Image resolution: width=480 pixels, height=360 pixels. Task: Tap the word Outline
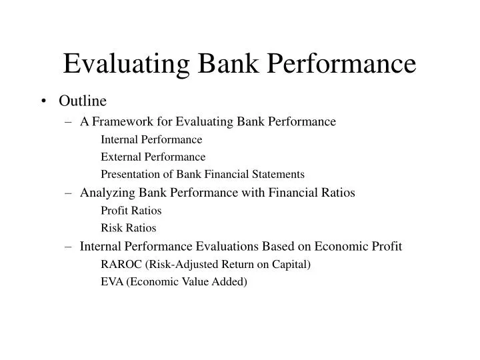83,101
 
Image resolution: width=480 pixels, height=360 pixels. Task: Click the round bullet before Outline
45,101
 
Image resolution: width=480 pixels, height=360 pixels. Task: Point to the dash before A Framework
70,121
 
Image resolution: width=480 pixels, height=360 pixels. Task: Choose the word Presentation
129,174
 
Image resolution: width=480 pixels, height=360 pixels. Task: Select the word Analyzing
106,193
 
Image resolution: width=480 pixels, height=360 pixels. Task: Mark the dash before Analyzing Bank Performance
70,193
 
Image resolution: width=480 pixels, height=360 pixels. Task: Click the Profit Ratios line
131,211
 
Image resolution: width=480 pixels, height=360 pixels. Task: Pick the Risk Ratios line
128,228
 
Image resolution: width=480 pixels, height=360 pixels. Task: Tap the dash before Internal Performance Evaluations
70,246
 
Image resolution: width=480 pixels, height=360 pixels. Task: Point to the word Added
230,281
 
